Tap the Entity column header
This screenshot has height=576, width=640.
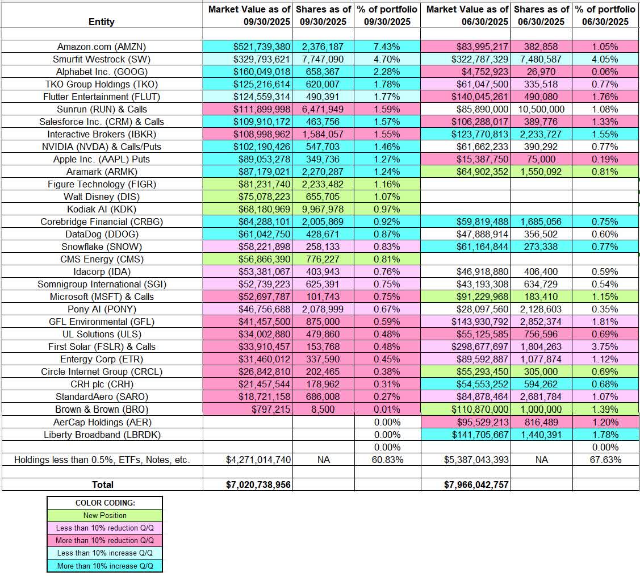[102, 22]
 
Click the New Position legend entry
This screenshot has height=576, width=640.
[104, 516]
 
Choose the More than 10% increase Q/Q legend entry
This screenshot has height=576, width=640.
[104, 566]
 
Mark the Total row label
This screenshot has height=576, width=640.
[103, 485]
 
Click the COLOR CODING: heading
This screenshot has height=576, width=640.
[104, 503]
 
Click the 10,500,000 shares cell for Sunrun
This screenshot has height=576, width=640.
[541, 109]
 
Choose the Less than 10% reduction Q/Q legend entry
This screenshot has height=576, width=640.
[104, 528]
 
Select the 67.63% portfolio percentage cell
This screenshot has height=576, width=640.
[605, 460]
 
